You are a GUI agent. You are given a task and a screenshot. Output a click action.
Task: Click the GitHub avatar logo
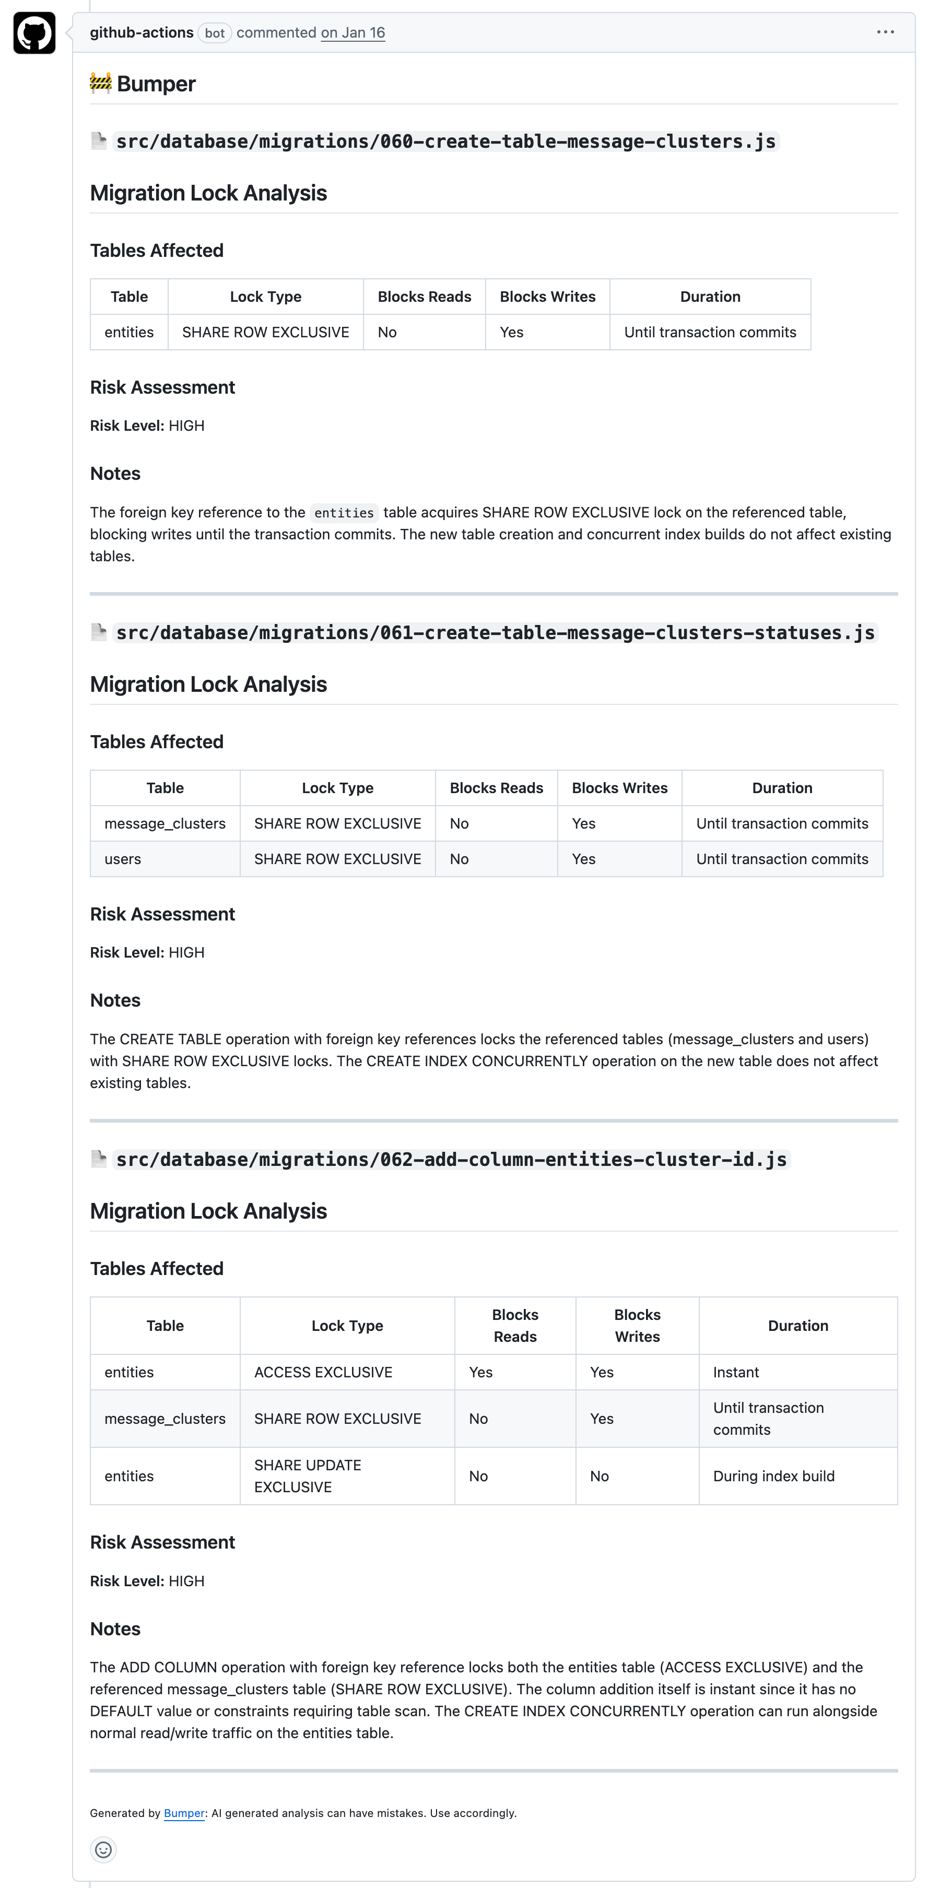click(x=34, y=33)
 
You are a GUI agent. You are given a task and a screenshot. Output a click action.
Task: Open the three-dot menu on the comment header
click(x=885, y=32)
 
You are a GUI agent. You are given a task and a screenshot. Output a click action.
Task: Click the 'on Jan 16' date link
click(x=352, y=33)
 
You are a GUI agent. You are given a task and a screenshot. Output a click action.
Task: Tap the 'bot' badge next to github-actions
click(x=214, y=33)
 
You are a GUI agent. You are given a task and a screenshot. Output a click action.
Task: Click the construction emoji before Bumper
click(x=100, y=84)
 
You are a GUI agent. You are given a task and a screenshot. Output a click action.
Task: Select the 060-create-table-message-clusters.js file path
click(x=446, y=141)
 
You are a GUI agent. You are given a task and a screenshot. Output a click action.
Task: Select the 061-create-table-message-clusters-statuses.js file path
click(x=495, y=632)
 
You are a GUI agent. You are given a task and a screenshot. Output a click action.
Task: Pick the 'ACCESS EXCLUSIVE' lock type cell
click(x=323, y=1372)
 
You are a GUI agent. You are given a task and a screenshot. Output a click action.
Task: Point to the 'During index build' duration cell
click(x=773, y=1476)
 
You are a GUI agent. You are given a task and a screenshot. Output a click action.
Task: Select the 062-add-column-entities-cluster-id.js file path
click(x=451, y=1160)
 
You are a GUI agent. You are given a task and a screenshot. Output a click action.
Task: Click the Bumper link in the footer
click(x=184, y=1813)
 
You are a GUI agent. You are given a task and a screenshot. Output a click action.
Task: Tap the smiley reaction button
click(x=103, y=1850)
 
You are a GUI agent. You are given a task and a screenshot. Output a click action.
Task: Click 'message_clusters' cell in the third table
click(x=165, y=1419)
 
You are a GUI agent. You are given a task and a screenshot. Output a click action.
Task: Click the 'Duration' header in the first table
click(x=710, y=297)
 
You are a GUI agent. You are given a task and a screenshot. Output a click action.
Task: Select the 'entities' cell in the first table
click(x=129, y=333)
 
